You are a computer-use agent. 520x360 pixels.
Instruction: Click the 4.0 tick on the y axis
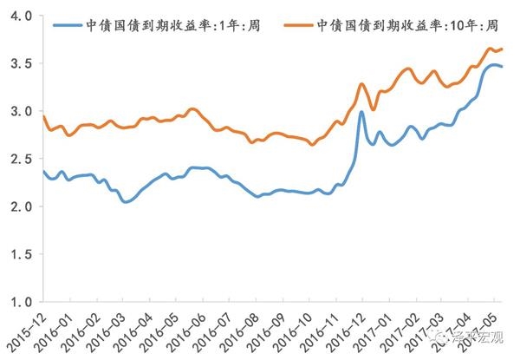pyautogui.click(x=19, y=16)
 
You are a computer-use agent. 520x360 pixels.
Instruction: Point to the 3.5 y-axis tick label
pyautogui.click(x=19, y=64)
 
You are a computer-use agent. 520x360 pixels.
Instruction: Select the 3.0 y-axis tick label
pyautogui.click(x=19, y=112)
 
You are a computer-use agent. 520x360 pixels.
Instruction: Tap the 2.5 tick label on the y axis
pyautogui.click(x=19, y=160)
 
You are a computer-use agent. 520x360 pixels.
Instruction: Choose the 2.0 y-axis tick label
pyautogui.click(x=19, y=207)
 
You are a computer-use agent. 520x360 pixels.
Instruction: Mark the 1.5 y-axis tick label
pyautogui.click(x=19, y=255)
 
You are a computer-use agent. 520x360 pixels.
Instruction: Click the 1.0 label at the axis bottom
pyautogui.click(x=19, y=303)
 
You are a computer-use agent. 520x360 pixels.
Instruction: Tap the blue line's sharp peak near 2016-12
pyautogui.click(x=360, y=112)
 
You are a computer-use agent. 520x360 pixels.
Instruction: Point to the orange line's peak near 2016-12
pyautogui.click(x=362, y=84)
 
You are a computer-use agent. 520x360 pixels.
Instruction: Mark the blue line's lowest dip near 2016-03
pyautogui.click(x=127, y=202)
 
